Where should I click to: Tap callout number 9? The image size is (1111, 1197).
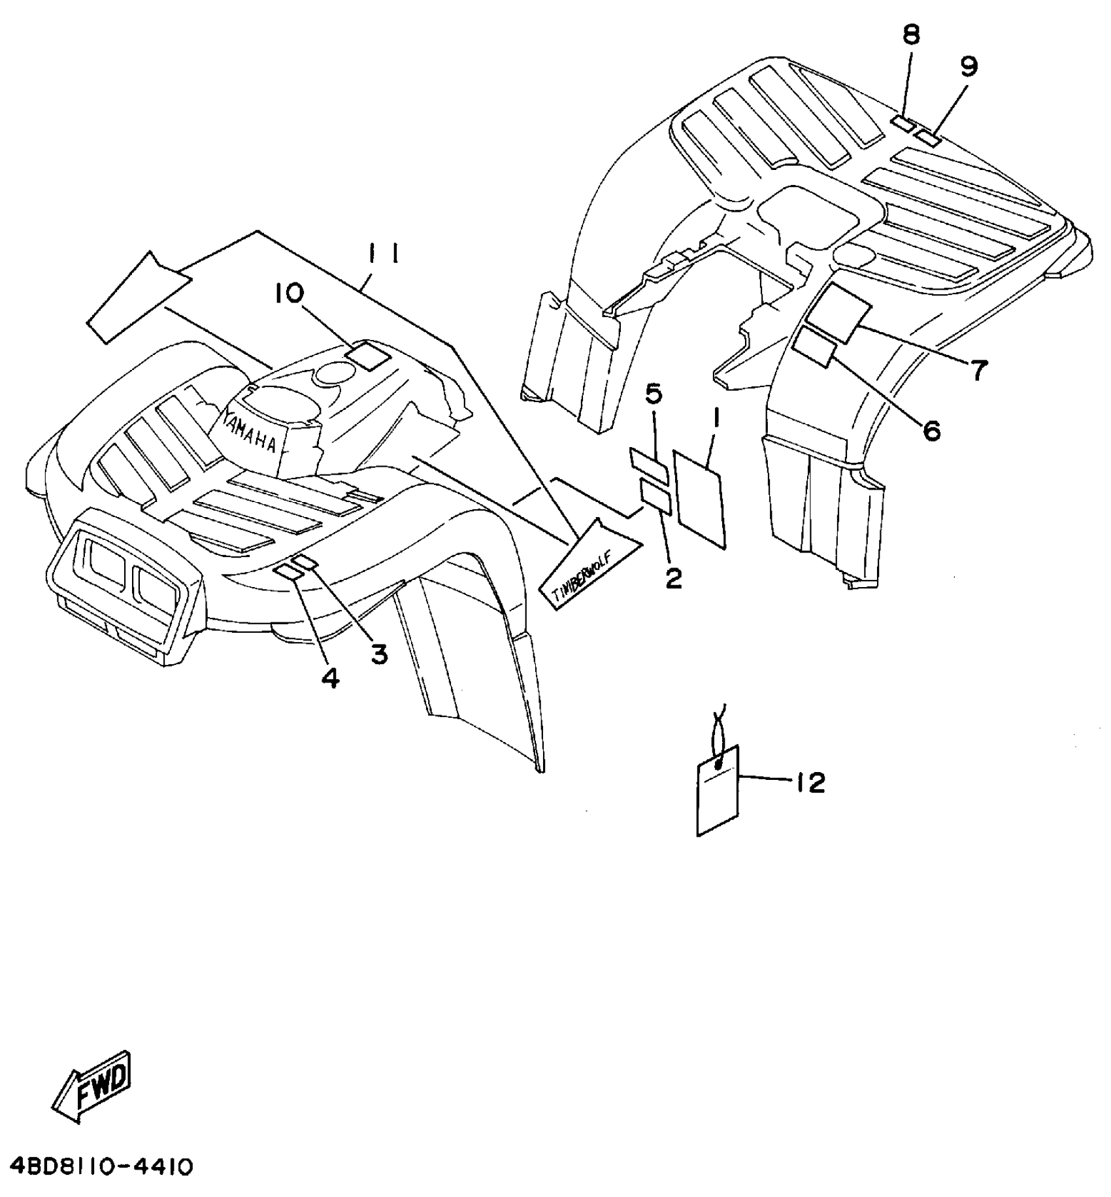tap(969, 66)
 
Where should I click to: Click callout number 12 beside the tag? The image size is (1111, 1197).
tap(810, 783)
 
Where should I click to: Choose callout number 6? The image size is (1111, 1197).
tap(931, 430)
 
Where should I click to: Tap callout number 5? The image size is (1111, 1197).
tap(654, 394)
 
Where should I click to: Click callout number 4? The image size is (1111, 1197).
tap(331, 679)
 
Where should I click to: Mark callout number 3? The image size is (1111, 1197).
tap(379, 653)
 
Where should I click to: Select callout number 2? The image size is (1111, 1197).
tap(673, 577)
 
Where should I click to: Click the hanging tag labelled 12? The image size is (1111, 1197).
tap(718, 790)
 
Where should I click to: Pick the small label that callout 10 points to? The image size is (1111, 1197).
tap(367, 355)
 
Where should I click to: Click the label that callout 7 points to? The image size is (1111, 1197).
tap(840, 313)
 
